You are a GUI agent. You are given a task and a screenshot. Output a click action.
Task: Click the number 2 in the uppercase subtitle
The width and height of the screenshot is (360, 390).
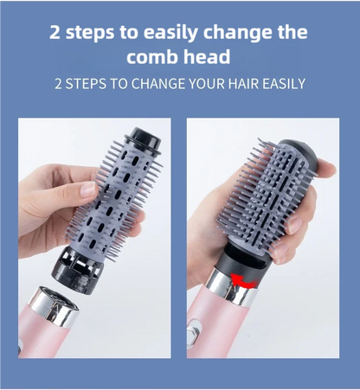pos(58,84)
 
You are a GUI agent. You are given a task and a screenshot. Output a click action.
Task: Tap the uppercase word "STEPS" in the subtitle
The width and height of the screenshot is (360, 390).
pos(87,84)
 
